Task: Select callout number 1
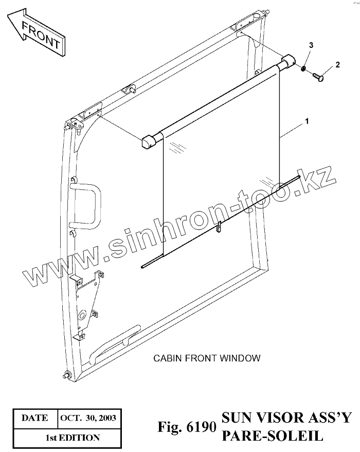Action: pos(307,121)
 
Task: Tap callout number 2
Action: pos(337,65)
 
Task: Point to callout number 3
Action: pos(310,47)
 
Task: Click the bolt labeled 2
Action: pos(317,77)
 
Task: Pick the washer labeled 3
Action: pos(304,68)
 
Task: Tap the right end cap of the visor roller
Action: pos(289,61)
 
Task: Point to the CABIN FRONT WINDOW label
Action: pos(207,358)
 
